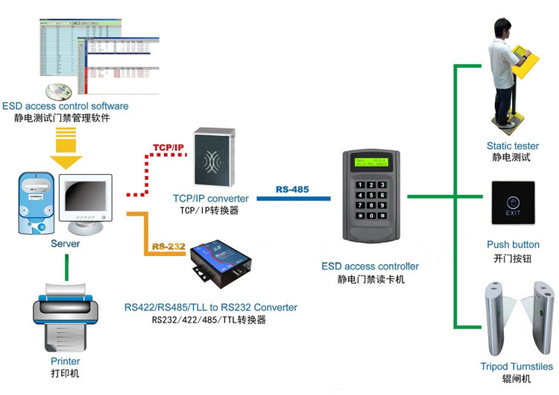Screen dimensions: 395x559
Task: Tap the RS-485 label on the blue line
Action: pos(292,190)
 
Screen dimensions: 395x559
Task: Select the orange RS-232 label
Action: pos(168,246)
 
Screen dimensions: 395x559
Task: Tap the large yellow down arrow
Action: pos(66,147)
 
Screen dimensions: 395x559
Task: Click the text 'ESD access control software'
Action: pos(66,107)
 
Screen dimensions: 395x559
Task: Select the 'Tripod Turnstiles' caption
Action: pos(517,367)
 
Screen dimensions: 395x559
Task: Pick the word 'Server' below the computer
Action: pos(65,244)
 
